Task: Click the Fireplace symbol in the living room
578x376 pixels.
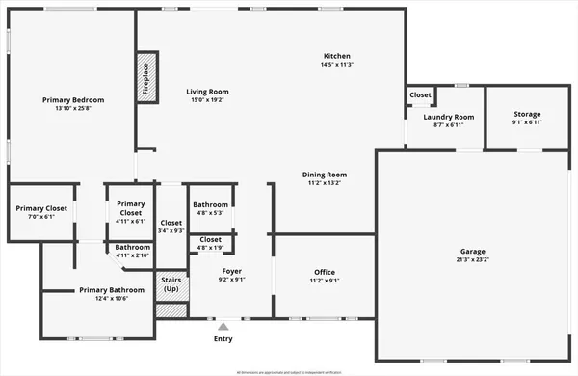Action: coord(146,78)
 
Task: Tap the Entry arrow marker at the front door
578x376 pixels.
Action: coord(223,328)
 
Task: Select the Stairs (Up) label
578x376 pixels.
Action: coord(171,285)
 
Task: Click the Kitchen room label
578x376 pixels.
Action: coord(336,56)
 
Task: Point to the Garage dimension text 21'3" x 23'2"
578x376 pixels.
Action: coord(472,259)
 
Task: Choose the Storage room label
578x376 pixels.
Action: coord(527,114)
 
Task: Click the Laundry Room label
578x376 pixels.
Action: coord(449,117)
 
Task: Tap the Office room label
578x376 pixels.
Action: coord(325,272)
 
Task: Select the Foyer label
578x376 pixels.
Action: coord(231,272)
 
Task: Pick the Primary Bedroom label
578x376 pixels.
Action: coord(72,99)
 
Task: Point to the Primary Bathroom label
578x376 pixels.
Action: coord(112,289)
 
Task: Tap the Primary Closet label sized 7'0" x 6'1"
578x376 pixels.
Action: coord(41,208)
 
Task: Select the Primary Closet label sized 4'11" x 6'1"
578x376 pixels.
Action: coord(130,203)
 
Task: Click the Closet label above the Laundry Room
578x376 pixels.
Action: coord(420,94)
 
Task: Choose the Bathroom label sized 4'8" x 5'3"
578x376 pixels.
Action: coord(210,204)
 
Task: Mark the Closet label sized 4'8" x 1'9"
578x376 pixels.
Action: coord(210,239)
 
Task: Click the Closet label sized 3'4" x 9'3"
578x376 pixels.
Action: coord(171,223)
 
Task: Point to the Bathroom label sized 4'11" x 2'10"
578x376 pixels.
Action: coord(133,247)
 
